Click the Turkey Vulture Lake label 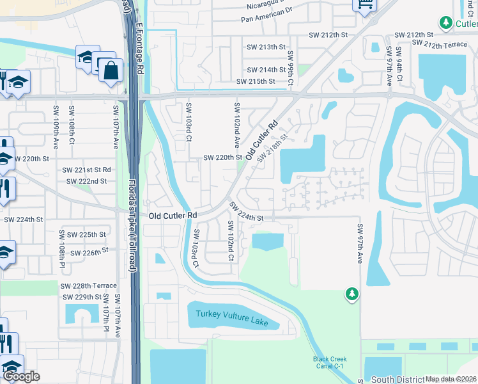(x=232, y=318)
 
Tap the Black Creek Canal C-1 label (x=330, y=362)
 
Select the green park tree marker (x=351, y=294)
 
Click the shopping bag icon (x=111, y=70)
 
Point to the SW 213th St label (x=266, y=47)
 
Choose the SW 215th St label (x=255, y=82)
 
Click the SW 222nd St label (x=86, y=182)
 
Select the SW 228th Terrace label (x=89, y=286)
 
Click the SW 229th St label (x=82, y=298)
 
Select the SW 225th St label (x=88, y=235)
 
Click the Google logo (x=21, y=376)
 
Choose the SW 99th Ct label (x=291, y=68)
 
